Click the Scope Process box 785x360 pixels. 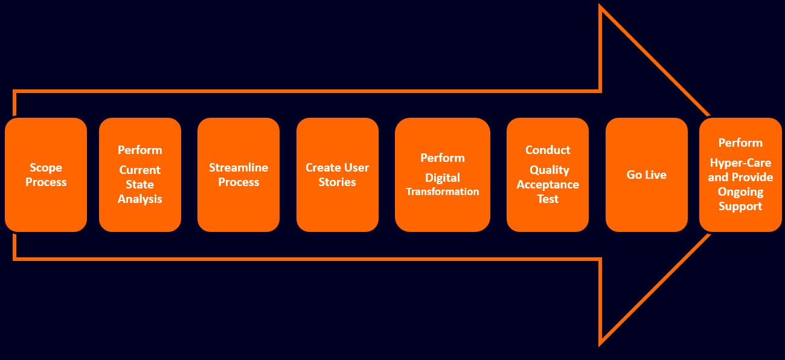(x=46, y=175)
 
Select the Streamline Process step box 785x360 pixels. (x=239, y=175)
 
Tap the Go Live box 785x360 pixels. (x=647, y=175)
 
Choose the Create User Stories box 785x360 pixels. (x=338, y=175)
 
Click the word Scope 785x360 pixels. (x=46, y=168)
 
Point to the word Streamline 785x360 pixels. (x=239, y=167)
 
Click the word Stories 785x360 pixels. (x=337, y=182)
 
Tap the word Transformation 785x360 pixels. (x=443, y=191)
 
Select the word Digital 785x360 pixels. (x=443, y=178)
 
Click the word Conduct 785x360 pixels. (x=548, y=150)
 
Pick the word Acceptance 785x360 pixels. (x=548, y=185)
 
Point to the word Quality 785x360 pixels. (x=549, y=170)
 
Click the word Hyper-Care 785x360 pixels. (x=740, y=163)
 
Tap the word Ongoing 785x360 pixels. (x=740, y=192)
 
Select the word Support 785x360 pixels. (x=740, y=207)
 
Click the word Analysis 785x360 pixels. (x=140, y=199)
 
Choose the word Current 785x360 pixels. (x=140, y=170)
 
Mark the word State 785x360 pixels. (x=140, y=184)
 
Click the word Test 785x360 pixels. (x=548, y=199)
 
